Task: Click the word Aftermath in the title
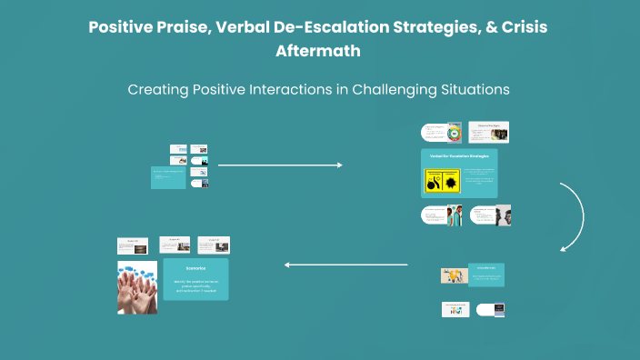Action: coord(318,51)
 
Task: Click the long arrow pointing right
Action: coord(280,165)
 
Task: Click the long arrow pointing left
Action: coord(345,265)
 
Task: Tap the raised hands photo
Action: coord(137,286)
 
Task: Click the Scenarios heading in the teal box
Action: coord(195,269)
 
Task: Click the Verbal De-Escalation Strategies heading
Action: coord(459,156)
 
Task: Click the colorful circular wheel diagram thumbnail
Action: coord(454,133)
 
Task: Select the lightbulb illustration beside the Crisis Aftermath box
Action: coord(454,275)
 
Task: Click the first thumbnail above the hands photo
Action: coord(133,245)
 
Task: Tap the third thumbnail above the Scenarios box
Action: coord(214,245)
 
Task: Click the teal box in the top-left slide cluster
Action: coord(167,176)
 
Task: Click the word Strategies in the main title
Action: coord(412,27)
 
